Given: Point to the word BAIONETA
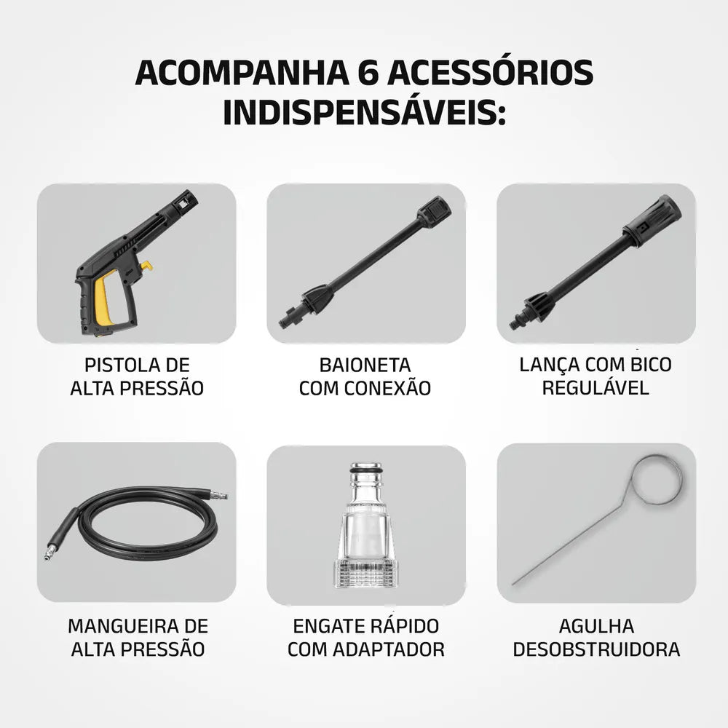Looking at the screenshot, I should (x=365, y=365).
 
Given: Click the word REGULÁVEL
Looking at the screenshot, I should (x=596, y=387).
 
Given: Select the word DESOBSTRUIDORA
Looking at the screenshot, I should (x=596, y=649).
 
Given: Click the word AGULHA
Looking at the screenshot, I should (x=596, y=626).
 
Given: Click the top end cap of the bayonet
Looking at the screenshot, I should (x=434, y=210).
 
